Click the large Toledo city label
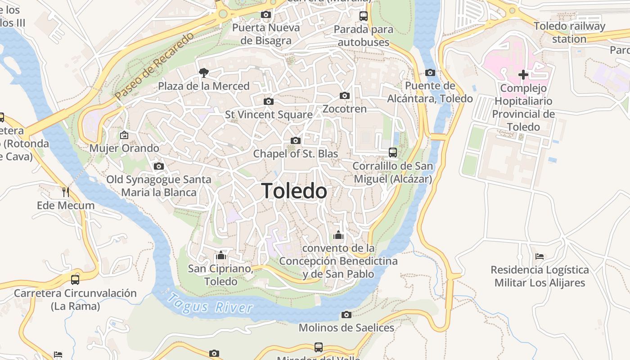pyautogui.click(x=294, y=191)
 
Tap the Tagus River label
pyautogui.click(x=209, y=304)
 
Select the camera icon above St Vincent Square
pyautogui.click(x=269, y=101)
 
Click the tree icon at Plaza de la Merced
pyautogui.click(x=204, y=72)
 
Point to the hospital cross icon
pyautogui.click(x=523, y=75)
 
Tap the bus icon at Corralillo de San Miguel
pyautogui.click(x=393, y=153)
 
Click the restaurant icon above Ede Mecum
pyautogui.click(x=66, y=192)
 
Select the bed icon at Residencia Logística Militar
pyautogui.click(x=540, y=256)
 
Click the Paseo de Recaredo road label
pyautogui.click(x=154, y=66)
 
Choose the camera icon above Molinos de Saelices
pyautogui.click(x=346, y=315)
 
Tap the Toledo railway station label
pyautogui.click(x=569, y=32)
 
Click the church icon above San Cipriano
pyautogui.click(x=221, y=256)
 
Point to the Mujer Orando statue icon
pyautogui.click(x=124, y=135)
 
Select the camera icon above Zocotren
pyautogui.click(x=345, y=95)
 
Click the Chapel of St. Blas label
pyautogui.click(x=295, y=153)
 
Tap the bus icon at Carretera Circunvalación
pyautogui.click(x=75, y=279)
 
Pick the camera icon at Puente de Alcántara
pyautogui.click(x=430, y=72)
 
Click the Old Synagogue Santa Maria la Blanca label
pyautogui.click(x=159, y=186)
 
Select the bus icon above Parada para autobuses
pyautogui.click(x=364, y=16)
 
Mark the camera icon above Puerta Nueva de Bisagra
pyautogui.click(x=266, y=14)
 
